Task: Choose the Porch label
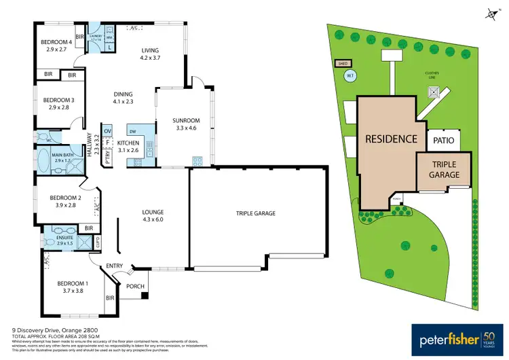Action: click(135, 286)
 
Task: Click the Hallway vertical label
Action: click(88, 145)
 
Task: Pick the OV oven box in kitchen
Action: click(107, 130)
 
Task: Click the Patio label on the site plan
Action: click(445, 140)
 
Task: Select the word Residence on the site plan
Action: click(391, 139)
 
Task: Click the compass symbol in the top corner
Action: click(490, 12)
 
